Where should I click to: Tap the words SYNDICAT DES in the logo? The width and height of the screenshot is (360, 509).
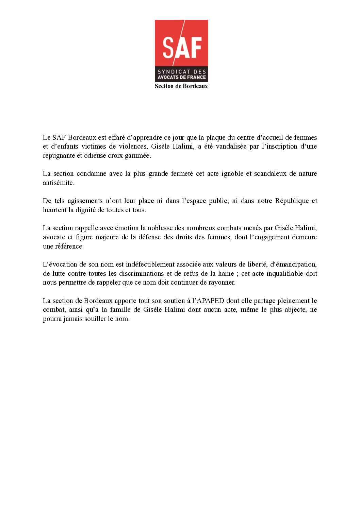click(x=182, y=72)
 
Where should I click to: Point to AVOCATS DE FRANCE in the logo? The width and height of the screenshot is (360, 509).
click(x=182, y=78)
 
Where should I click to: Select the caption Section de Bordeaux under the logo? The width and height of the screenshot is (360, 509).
click(x=181, y=86)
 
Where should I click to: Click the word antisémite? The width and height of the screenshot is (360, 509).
click(x=58, y=183)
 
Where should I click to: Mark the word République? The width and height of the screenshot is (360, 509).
click(x=291, y=201)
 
